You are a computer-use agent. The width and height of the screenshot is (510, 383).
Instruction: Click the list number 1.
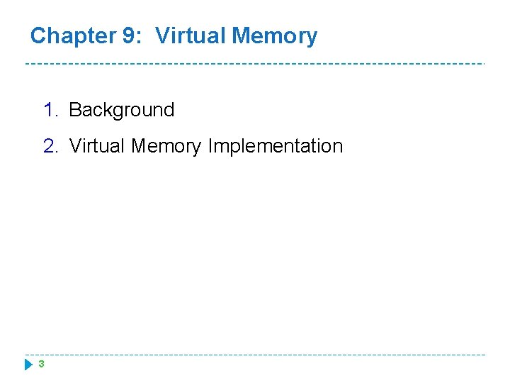pos(49,110)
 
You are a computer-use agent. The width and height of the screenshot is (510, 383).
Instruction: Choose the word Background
pos(122,110)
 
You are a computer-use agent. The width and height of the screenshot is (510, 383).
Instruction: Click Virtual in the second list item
pos(98,146)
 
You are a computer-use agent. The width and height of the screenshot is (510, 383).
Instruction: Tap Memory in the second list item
pos(167,146)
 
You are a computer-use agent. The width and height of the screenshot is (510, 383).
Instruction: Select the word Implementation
pos(275,146)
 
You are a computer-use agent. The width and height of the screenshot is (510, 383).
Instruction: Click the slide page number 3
pos(41,364)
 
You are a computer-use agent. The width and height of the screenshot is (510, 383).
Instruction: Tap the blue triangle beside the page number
pos(28,365)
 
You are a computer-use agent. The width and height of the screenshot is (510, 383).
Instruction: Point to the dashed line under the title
pos(255,64)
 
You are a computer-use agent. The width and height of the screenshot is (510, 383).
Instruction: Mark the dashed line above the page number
pos(255,355)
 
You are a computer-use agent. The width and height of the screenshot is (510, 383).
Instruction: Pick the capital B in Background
pos(75,110)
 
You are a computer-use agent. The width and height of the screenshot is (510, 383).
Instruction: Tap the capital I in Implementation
pos(210,146)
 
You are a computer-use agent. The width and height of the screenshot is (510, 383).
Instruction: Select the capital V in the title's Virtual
pos(162,35)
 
